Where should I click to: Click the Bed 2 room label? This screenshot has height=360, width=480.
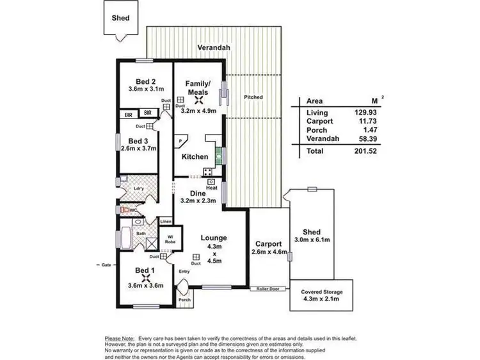(x=145, y=81)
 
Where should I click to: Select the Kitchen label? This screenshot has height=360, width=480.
(x=195, y=157)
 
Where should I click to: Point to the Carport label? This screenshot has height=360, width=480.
(x=268, y=244)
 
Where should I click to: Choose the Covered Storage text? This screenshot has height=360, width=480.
(x=321, y=291)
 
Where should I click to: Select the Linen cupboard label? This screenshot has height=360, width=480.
(x=166, y=222)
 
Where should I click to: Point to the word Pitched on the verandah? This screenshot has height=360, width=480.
(x=253, y=97)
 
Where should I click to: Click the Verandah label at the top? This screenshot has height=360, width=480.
(x=213, y=48)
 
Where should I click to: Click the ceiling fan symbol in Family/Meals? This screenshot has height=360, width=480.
(x=198, y=99)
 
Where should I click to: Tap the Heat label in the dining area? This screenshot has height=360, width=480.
(x=210, y=188)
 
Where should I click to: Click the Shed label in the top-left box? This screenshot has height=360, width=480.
(x=120, y=18)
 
